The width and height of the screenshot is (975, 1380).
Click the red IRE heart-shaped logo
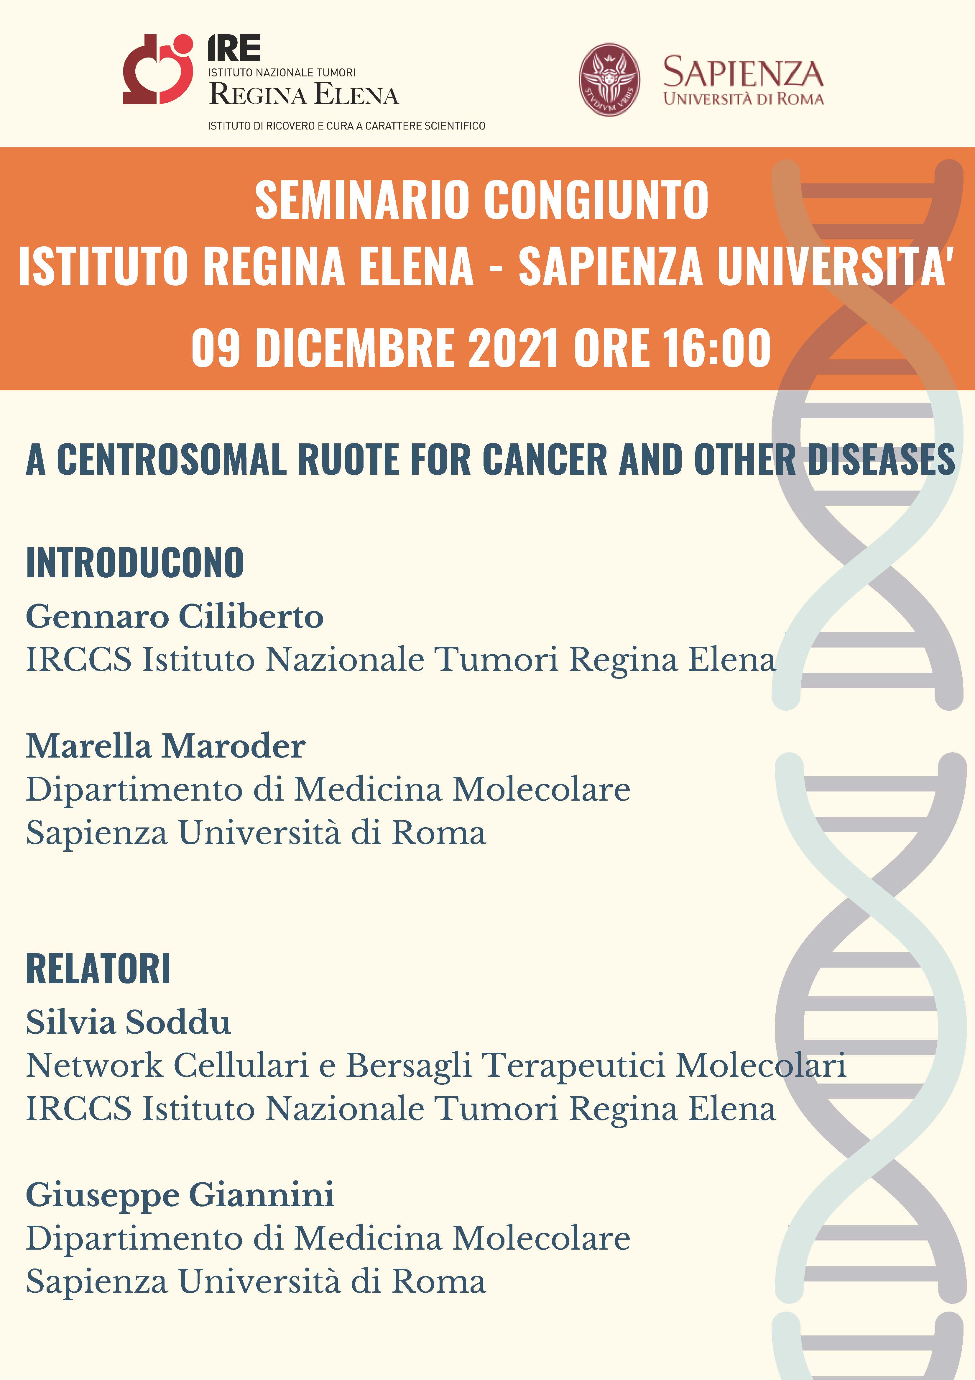click(x=158, y=69)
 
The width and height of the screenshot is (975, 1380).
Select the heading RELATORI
click(x=98, y=969)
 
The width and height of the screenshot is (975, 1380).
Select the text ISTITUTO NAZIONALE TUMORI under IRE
click(x=282, y=73)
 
